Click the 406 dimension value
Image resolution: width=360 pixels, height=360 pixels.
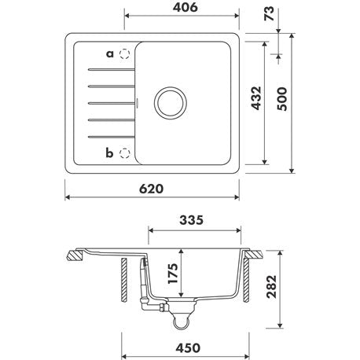point(186,7)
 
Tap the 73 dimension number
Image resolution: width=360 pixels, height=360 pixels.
point(269,13)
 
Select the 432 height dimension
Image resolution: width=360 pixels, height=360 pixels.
point(256,98)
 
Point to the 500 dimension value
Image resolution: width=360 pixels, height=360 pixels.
point(282,99)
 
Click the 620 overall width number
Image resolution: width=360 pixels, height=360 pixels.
point(151,189)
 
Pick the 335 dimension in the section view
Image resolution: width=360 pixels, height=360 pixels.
point(191,220)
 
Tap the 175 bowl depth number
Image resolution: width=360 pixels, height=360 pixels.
point(173,274)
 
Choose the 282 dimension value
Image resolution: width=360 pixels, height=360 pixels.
point(271,287)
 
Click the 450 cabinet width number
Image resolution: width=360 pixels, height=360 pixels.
point(188,348)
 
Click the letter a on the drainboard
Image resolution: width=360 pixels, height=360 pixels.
point(110,54)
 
